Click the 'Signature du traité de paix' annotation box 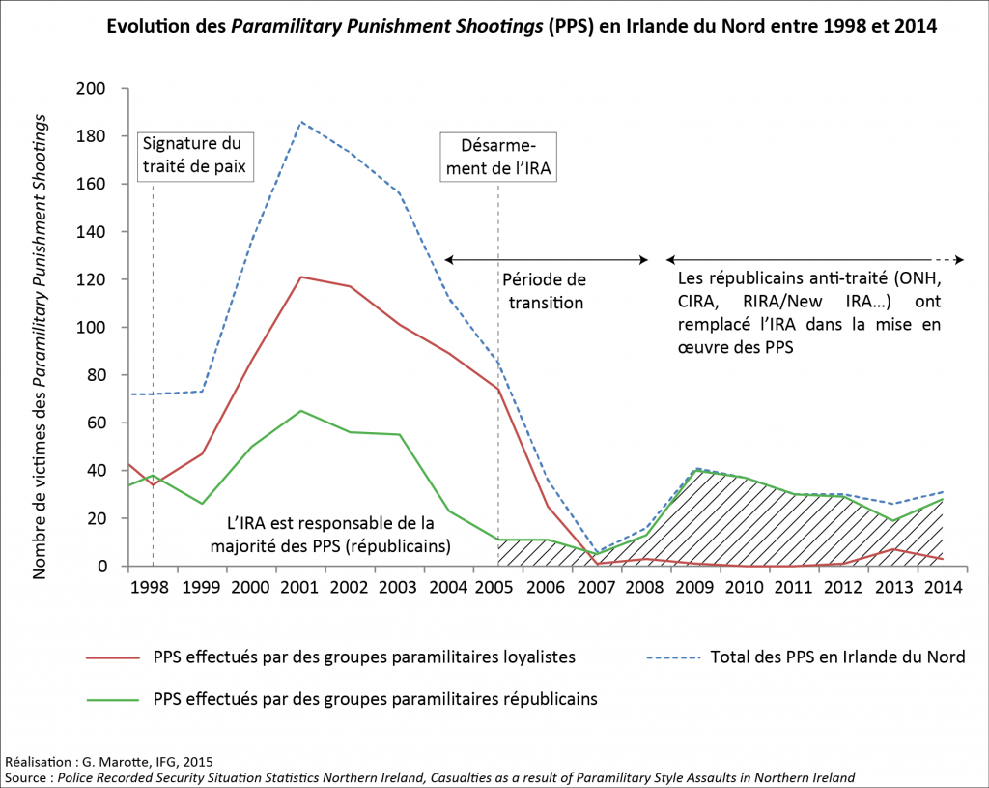[x=193, y=155]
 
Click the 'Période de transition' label [x=544, y=290]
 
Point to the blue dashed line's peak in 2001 [x=301, y=122]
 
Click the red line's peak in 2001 [x=301, y=277]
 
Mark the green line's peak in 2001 [x=301, y=411]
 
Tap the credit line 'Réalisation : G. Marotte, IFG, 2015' [x=109, y=761]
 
